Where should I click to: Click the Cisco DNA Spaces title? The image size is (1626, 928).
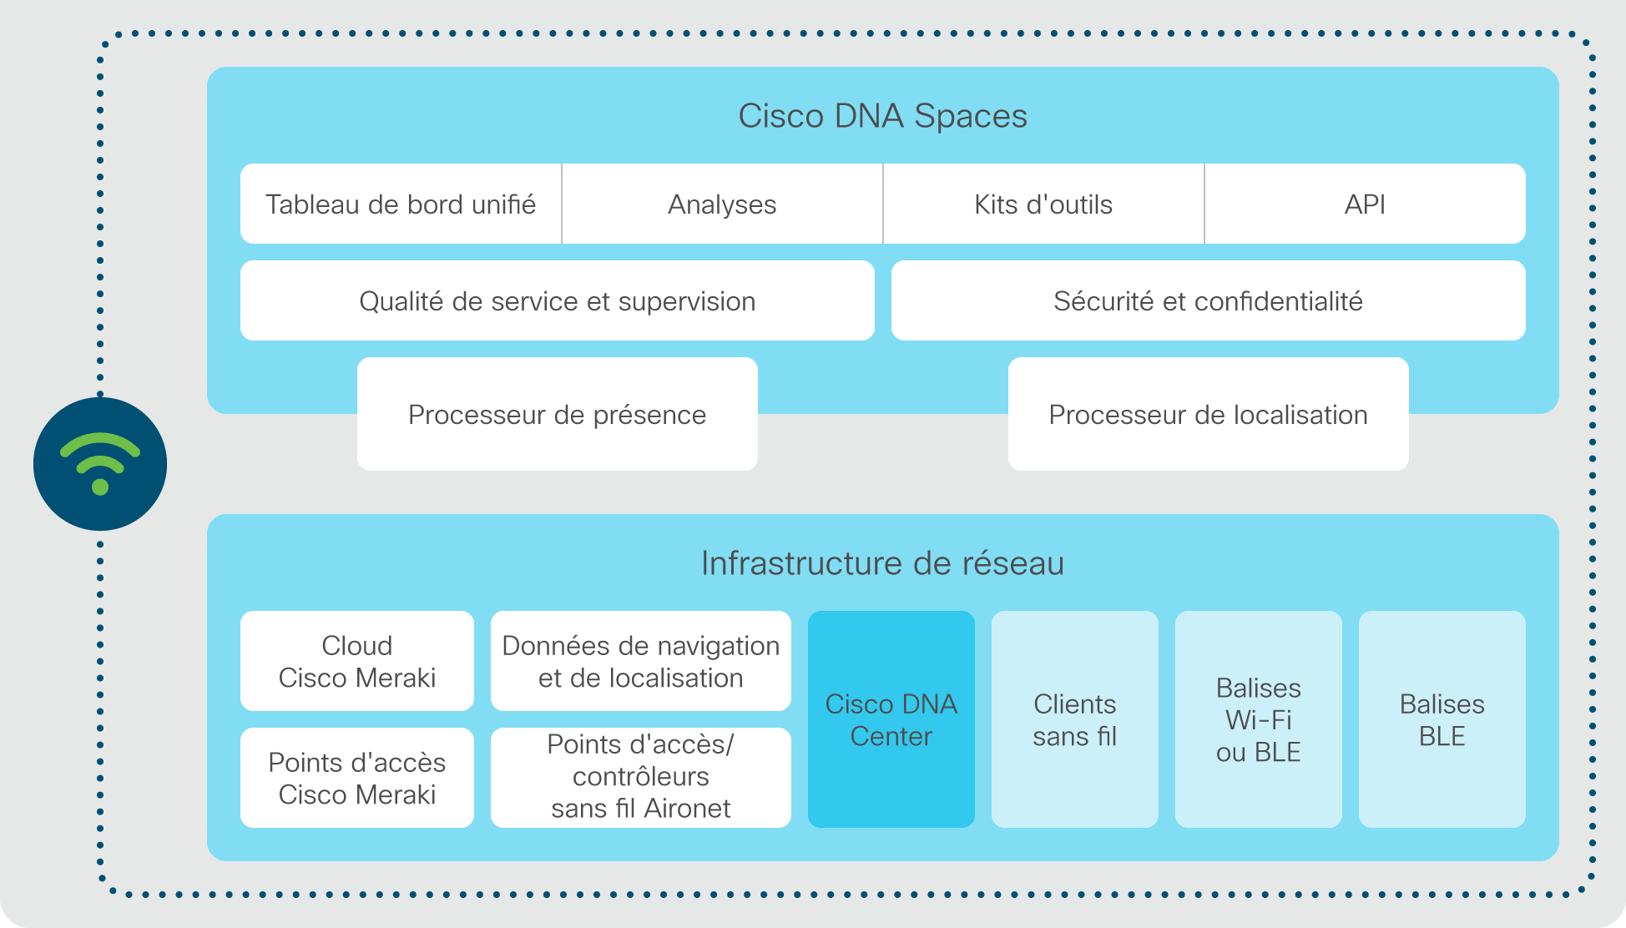tap(882, 116)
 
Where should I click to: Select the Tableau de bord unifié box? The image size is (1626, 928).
tap(401, 204)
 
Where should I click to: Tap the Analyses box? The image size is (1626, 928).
tap(722, 204)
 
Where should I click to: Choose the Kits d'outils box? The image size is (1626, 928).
tap(1043, 204)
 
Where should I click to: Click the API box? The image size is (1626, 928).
tap(1366, 204)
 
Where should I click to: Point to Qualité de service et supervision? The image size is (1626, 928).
tap(558, 300)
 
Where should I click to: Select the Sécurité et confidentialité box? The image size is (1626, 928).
tap(1209, 300)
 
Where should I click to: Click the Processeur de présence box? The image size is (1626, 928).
tap(558, 414)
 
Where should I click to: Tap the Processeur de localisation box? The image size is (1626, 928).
tap(1209, 414)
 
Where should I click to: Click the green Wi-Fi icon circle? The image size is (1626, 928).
tap(100, 464)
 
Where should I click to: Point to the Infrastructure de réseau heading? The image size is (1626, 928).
tap(882, 563)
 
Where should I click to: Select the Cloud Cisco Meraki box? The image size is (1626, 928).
tap(357, 661)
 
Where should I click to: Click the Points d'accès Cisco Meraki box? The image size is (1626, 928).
tap(357, 778)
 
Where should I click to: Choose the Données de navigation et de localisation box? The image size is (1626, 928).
tap(641, 661)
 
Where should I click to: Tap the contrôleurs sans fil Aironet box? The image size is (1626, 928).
tap(641, 778)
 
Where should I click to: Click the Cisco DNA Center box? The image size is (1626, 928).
tap(891, 719)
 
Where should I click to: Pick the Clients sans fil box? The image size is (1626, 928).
tap(1075, 719)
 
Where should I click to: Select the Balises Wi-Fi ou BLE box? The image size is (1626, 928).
tap(1259, 719)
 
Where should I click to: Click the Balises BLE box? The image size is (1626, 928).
tap(1442, 719)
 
